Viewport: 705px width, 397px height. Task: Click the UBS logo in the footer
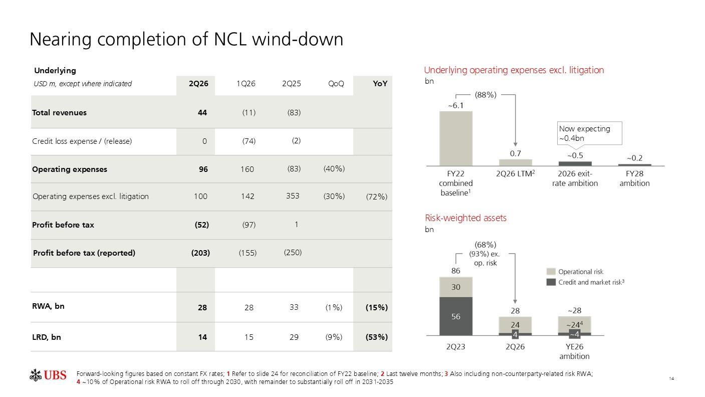click(48, 375)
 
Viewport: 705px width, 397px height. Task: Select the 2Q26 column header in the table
click(198, 84)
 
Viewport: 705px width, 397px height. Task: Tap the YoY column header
click(380, 84)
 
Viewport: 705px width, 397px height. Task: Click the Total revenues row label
click(59, 113)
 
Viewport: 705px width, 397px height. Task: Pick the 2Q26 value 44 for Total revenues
click(202, 113)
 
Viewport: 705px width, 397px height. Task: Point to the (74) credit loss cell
click(249, 141)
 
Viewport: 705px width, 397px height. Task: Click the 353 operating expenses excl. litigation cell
click(293, 196)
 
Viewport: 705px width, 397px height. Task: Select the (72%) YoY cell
click(376, 197)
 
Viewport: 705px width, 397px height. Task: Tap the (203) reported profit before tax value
click(200, 253)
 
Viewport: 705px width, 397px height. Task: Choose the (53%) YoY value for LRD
click(376, 337)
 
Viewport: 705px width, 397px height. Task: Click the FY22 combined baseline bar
click(456, 138)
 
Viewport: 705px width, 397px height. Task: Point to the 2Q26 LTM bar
click(515, 162)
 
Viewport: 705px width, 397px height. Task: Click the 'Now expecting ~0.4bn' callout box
click(589, 133)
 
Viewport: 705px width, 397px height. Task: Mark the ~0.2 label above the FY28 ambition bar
click(634, 158)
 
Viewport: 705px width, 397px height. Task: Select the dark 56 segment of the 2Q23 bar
click(456, 316)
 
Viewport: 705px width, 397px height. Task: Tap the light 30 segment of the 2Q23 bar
click(456, 287)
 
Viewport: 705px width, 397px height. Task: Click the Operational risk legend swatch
click(551, 272)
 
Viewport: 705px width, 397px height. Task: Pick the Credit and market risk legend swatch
click(551, 282)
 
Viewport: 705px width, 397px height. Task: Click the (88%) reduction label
click(486, 95)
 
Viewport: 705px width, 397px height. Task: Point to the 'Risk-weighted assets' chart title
click(465, 218)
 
